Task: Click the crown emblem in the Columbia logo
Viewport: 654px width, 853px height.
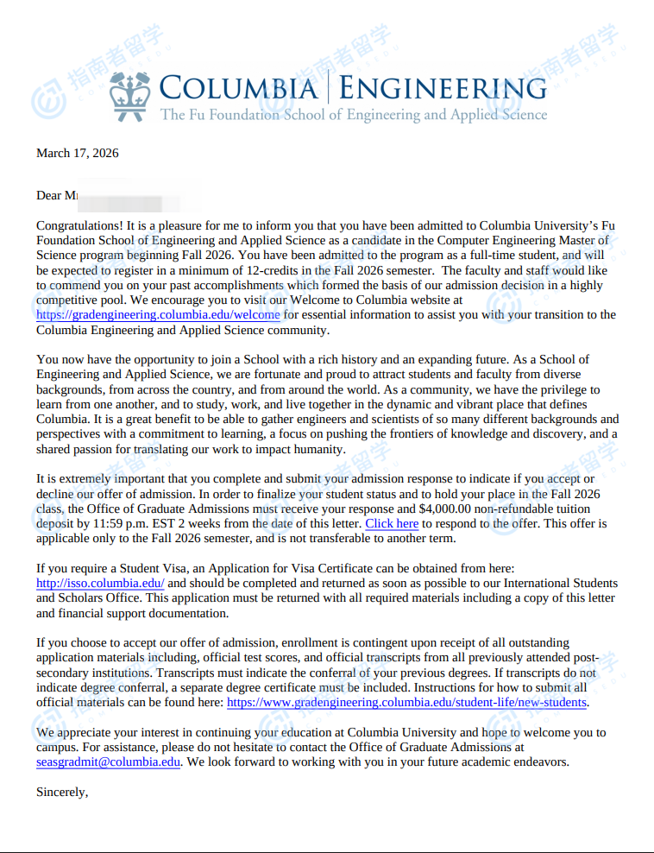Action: (x=131, y=96)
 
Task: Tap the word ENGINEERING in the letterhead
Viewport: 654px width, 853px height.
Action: (x=442, y=88)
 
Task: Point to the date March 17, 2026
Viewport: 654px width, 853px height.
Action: (x=78, y=154)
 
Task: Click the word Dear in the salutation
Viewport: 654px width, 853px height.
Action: (x=49, y=196)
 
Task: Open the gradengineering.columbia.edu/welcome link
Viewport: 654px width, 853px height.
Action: (x=158, y=315)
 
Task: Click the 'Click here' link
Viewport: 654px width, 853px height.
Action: (x=392, y=524)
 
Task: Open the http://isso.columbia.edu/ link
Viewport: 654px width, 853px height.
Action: (x=100, y=584)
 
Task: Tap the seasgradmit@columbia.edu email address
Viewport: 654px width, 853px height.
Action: (x=109, y=762)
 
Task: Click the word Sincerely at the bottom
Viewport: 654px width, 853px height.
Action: (x=62, y=792)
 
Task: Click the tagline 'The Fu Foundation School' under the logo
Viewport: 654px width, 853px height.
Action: (x=233, y=115)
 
